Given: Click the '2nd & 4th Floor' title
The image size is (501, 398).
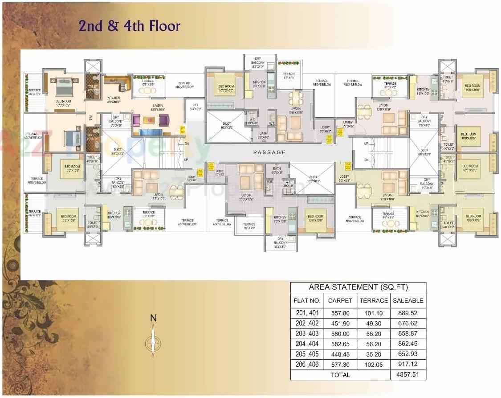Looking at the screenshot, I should point(130,26).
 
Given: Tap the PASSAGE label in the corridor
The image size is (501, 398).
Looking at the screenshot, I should point(269,152).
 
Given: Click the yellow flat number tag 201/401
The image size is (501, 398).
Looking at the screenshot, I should point(183,130).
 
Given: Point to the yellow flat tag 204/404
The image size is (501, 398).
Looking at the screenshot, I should point(348,167).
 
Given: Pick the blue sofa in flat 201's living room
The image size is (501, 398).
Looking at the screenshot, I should point(150,132).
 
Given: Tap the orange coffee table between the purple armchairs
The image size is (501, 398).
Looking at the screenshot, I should point(149,120).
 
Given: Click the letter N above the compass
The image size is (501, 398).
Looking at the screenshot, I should point(153,318).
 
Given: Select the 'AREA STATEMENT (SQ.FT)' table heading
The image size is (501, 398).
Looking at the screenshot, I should point(358,287).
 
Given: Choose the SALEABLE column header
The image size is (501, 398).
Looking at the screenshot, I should point(408,300).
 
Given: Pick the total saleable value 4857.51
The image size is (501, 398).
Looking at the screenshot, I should point(408,375).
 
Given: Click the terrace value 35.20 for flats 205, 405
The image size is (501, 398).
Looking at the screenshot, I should point(374,354).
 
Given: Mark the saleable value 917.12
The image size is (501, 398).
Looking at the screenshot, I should point(408,365).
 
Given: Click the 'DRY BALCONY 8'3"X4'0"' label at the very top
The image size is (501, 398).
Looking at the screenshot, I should point(260,62).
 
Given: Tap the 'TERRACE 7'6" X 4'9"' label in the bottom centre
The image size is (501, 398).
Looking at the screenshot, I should point(249,226).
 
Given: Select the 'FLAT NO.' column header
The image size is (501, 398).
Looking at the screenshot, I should point(307,300).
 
